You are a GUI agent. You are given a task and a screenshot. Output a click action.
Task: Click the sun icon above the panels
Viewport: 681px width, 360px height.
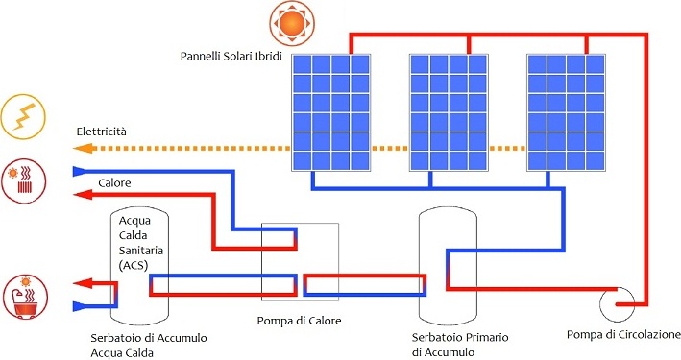tap(291, 23)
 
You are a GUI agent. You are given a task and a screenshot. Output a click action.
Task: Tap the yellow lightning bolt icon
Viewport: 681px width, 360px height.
tap(23, 116)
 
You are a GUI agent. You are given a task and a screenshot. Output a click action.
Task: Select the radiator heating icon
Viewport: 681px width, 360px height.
tap(23, 180)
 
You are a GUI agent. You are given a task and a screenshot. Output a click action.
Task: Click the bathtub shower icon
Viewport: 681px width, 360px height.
tap(25, 297)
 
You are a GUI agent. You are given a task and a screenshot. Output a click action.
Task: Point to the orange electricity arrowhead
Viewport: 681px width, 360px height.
tap(84, 149)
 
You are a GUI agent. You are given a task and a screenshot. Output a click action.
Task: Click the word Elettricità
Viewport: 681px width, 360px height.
tap(101, 132)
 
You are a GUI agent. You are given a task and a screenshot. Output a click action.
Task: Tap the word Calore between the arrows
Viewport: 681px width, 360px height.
tap(114, 182)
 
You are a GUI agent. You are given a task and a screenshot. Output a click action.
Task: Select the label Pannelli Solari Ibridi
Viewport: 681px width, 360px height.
tap(231, 57)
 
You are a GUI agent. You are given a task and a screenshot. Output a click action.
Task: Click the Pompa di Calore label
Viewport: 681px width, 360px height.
tap(300, 321)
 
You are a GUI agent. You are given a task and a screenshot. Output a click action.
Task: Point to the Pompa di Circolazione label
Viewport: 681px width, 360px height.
tap(623, 334)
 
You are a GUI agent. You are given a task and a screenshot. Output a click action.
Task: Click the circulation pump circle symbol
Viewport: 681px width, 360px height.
tap(617, 305)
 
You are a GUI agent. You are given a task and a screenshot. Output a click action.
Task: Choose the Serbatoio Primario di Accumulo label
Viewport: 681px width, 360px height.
tap(460, 345)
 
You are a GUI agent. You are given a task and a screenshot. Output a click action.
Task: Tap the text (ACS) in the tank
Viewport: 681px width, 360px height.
tap(134, 265)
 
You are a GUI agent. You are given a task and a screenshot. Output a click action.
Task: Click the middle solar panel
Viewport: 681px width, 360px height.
tap(449, 112)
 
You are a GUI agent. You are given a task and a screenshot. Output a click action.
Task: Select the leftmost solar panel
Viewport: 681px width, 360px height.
tap(331, 112)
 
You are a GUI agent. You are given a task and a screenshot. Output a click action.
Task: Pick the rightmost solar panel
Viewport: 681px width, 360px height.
tap(566, 112)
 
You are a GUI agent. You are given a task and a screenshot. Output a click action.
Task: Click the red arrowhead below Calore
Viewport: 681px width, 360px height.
tap(83, 195)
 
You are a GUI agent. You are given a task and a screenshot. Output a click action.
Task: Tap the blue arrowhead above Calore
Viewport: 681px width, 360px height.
tap(81, 171)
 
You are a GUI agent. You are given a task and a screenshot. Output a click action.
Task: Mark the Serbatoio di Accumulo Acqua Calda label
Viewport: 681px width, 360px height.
tap(149, 346)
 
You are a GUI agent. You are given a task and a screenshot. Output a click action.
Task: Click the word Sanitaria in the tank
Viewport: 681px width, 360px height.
tap(141, 251)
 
